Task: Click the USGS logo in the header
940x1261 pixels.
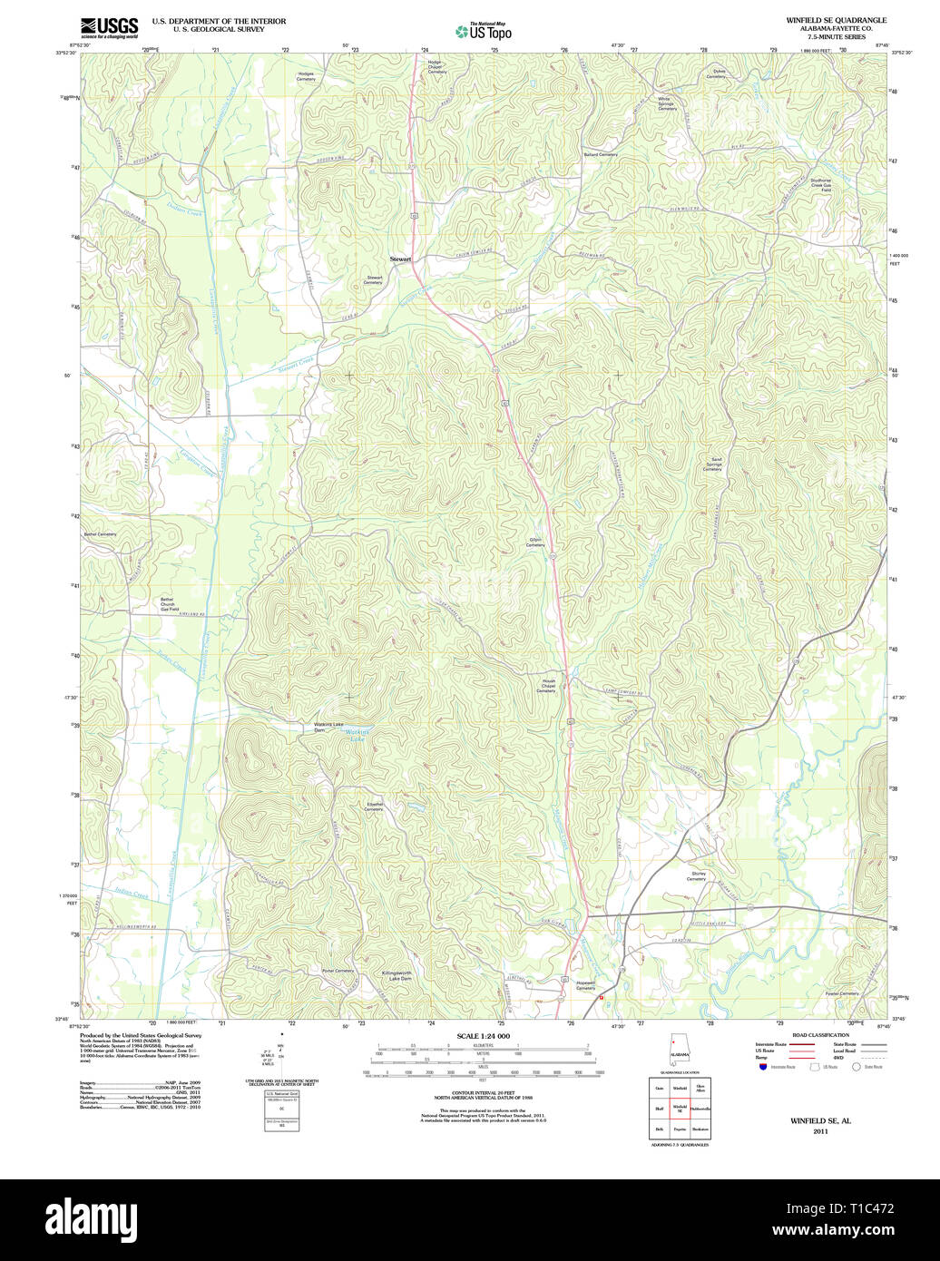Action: click(x=109, y=27)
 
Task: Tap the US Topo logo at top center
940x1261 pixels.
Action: click(x=484, y=31)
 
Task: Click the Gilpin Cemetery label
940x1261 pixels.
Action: click(x=535, y=543)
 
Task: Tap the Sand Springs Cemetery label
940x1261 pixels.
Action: click(x=712, y=464)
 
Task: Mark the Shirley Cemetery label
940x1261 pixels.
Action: click(x=696, y=876)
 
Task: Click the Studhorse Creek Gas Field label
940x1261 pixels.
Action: click(x=826, y=185)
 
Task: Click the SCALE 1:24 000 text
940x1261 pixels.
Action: click(x=483, y=1036)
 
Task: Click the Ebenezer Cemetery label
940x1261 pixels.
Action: click(x=374, y=806)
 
